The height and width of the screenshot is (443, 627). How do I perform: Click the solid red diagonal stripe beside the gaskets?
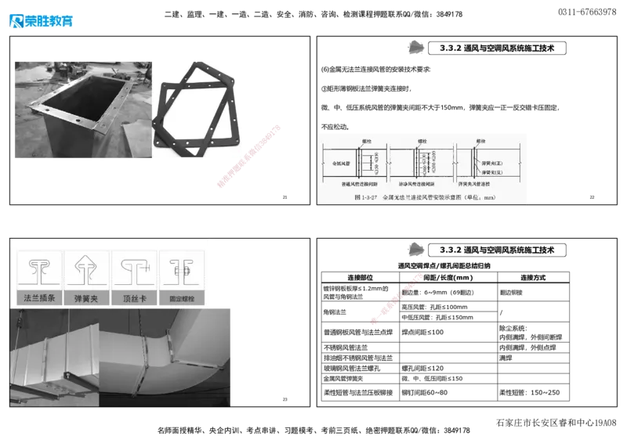[x=248, y=157]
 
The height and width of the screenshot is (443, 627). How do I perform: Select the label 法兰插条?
[x=38, y=298]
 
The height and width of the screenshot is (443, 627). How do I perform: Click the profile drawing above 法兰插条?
[x=38, y=270]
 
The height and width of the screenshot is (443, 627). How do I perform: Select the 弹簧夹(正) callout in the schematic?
[x=492, y=164]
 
